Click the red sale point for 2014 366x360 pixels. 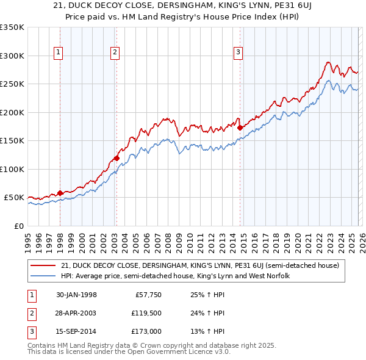tap(240, 128)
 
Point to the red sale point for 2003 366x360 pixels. tap(116, 159)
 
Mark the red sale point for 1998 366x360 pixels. tap(60, 193)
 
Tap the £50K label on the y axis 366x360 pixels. tap(14, 198)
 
